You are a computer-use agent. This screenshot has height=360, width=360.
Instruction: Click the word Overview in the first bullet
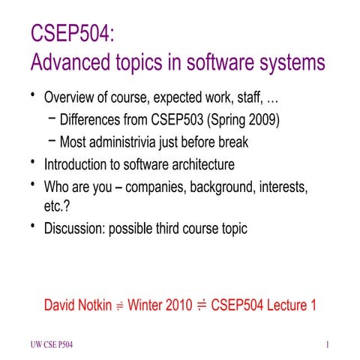coord(72,97)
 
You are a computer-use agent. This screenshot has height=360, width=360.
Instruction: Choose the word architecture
coord(202,163)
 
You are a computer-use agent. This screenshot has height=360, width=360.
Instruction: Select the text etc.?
coord(58,206)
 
